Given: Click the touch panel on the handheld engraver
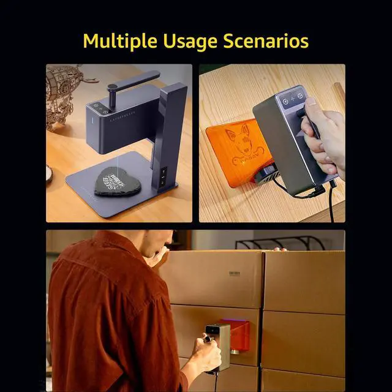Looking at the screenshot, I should (x=292, y=99).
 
